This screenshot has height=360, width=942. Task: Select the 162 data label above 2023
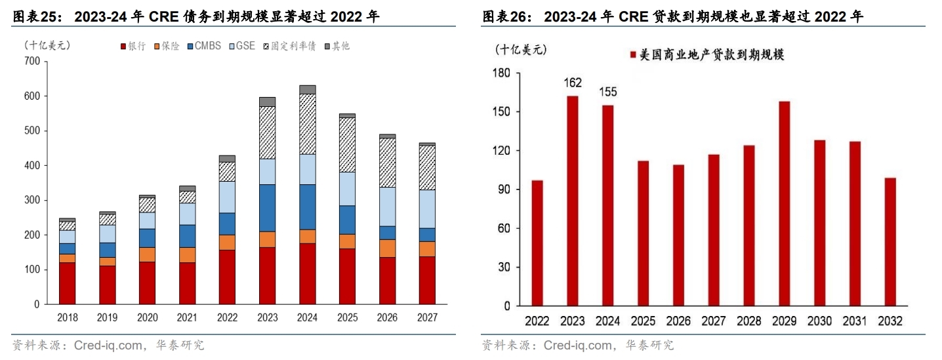572,83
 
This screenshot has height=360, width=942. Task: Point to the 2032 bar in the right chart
890,242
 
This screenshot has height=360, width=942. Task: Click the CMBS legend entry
204,47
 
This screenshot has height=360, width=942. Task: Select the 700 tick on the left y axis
31,62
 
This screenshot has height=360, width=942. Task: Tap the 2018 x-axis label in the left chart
67,317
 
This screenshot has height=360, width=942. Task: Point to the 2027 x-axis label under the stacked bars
427,317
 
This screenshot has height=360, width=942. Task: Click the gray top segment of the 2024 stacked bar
307,90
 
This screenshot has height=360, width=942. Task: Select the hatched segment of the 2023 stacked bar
267,132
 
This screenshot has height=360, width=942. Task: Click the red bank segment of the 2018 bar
67,283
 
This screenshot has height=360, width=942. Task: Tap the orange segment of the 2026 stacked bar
387,249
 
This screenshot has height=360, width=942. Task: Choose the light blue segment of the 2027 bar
427,209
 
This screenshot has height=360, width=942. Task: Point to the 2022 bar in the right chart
537,243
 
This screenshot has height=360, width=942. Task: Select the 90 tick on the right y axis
504,190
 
